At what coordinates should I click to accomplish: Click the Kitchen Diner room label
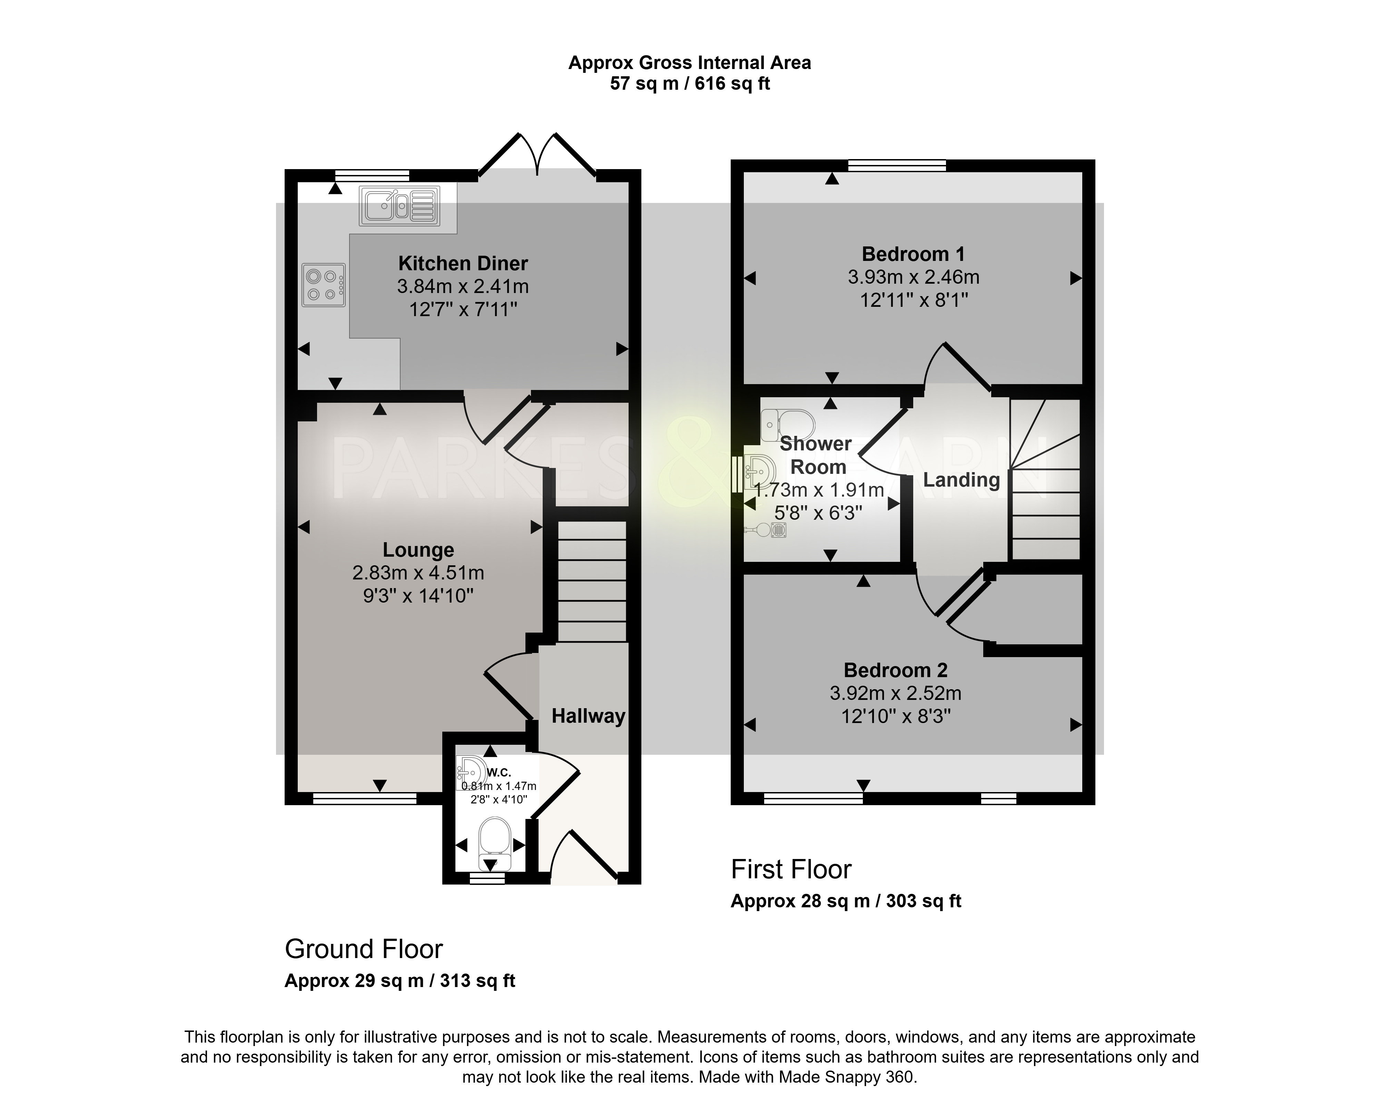pyautogui.click(x=463, y=264)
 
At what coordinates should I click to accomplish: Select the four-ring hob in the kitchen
pyautogui.click(x=324, y=285)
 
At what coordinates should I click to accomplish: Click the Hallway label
pyautogui.click(x=589, y=716)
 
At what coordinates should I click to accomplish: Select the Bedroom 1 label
pyautogui.click(x=913, y=255)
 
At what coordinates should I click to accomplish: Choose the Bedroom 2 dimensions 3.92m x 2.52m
pyautogui.click(x=895, y=694)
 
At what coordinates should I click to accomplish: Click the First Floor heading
pyautogui.click(x=791, y=870)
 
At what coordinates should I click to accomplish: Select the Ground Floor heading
pyautogui.click(x=363, y=949)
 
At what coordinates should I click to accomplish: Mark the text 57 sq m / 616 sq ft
pyautogui.click(x=690, y=84)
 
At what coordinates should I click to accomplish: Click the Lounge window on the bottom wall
pyautogui.click(x=365, y=798)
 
